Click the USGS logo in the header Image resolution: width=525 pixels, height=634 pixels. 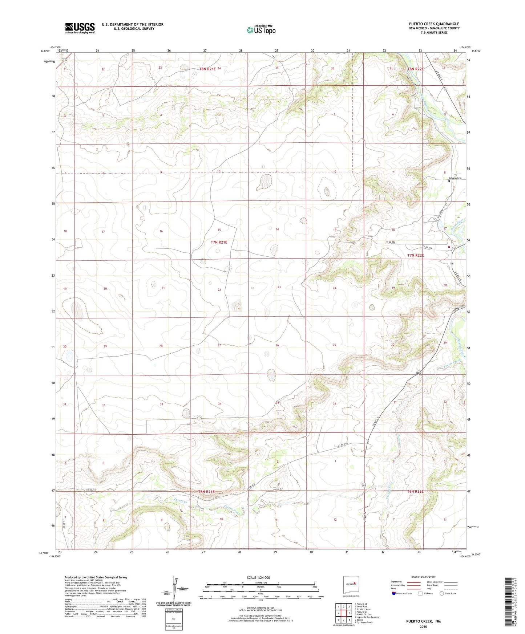tap(80, 28)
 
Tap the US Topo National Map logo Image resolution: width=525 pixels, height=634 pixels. tap(261, 30)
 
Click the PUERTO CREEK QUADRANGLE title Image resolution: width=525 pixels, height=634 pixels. tap(434, 24)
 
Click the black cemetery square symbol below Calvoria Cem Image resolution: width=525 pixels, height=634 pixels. tap(449, 182)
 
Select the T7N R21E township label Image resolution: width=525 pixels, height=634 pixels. tap(219, 242)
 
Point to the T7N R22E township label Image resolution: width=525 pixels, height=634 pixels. tap(415, 255)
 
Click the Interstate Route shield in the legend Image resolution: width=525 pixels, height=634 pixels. tap(394, 593)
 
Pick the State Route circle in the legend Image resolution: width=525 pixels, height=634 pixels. tap(441, 593)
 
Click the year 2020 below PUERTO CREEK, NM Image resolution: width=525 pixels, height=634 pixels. tap(423, 626)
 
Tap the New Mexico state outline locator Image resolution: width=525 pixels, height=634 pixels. tap(351, 584)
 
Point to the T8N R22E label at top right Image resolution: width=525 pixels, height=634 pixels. tap(415, 69)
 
